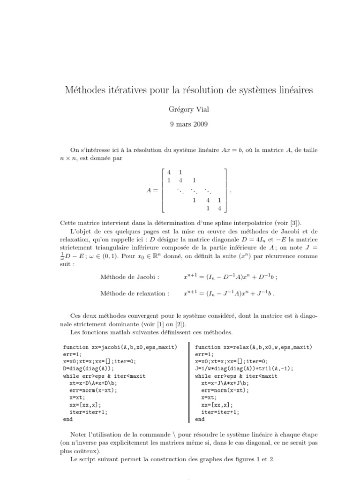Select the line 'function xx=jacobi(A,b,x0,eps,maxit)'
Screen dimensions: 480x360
click(x=120, y=347)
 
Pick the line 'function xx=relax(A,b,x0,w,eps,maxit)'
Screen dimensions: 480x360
click(x=254, y=347)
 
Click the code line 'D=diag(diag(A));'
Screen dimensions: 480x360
click(x=88, y=369)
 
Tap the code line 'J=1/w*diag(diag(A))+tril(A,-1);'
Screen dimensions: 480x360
click(x=244, y=369)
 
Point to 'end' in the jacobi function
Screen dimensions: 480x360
click(x=67, y=419)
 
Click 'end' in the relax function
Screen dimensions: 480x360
click(x=200, y=419)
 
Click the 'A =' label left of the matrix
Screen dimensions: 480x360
click(x=152, y=191)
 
